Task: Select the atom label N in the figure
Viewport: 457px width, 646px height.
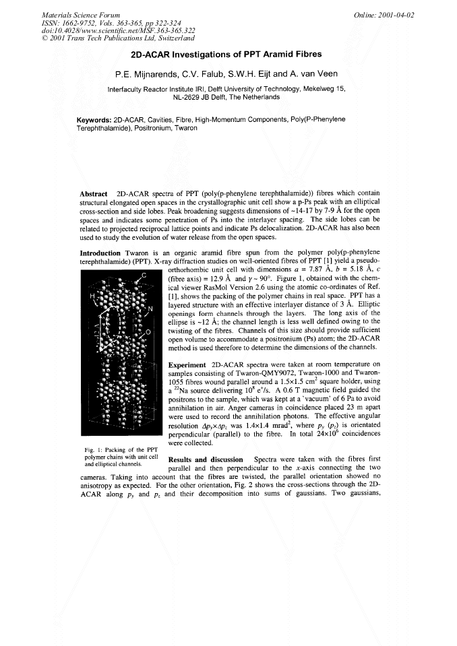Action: pos(150,309)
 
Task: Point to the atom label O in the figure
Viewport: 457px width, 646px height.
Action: pos(147,333)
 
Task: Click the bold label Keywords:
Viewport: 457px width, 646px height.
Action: pos(94,119)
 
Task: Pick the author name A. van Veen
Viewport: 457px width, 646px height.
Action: pos(323,73)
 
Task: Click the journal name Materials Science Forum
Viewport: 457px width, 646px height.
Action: pos(71,15)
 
